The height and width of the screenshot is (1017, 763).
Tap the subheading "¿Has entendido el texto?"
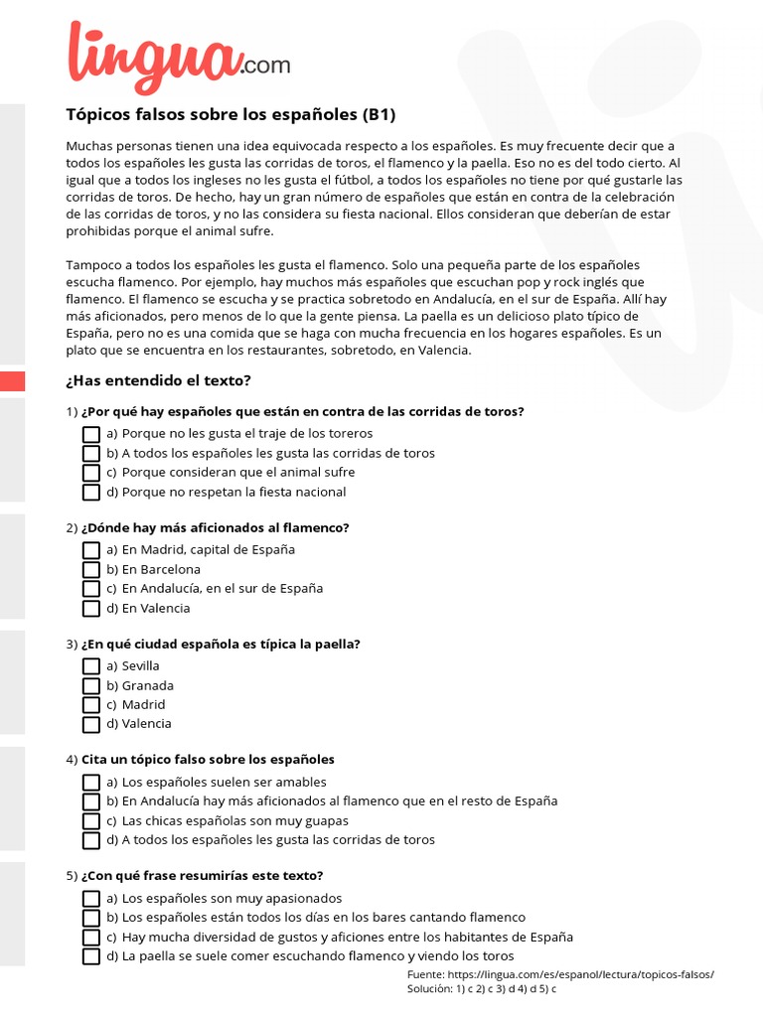click(x=158, y=380)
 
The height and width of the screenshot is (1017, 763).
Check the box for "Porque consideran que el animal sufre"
click(x=91, y=473)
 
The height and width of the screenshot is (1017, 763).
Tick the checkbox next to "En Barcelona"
click(x=91, y=570)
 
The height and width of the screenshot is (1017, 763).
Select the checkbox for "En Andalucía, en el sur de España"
click(x=91, y=589)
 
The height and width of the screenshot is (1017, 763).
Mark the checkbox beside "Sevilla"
click(x=91, y=666)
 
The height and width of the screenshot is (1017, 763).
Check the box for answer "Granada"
click(x=91, y=686)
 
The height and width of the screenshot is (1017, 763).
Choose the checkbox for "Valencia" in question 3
click(x=91, y=725)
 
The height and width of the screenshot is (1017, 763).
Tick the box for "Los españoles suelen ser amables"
click(x=91, y=783)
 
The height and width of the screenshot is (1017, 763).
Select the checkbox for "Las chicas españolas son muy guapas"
click(x=91, y=821)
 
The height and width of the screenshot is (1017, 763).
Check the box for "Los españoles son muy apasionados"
click(x=91, y=899)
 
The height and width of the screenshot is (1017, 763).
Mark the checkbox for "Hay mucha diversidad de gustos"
click(x=91, y=938)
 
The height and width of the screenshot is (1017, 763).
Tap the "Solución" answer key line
click(x=481, y=989)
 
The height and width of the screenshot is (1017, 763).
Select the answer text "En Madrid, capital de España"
click(x=208, y=549)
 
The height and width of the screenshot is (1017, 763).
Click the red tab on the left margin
click(x=12, y=381)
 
